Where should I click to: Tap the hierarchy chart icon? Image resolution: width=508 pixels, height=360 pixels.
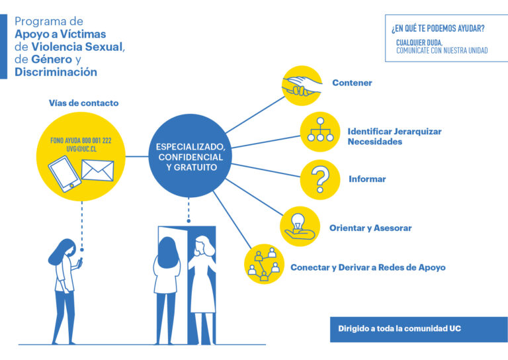click(320, 131)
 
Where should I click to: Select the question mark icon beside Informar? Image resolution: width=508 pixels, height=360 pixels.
click(320, 179)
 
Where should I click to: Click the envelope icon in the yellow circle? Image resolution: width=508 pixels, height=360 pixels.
click(97, 170)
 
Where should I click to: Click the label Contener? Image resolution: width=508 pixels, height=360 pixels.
click(352, 83)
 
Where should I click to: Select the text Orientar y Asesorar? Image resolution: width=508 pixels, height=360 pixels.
click(370, 228)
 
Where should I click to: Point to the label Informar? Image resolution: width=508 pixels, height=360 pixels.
click(367, 179)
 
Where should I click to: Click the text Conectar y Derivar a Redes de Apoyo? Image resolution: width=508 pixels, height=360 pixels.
click(368, 268)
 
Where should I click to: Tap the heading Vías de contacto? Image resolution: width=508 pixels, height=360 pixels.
click(83, 103)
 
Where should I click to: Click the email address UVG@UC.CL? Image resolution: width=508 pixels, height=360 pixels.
click(81, 150)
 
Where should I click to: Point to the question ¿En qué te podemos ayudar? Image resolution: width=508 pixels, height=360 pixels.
click(437, 28)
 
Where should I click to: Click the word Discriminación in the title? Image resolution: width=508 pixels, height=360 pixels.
click(56, 72)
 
